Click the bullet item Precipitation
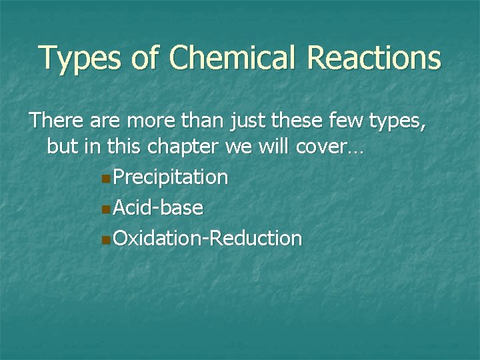[x=171, y=178]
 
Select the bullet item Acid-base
[x=158, y=207]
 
